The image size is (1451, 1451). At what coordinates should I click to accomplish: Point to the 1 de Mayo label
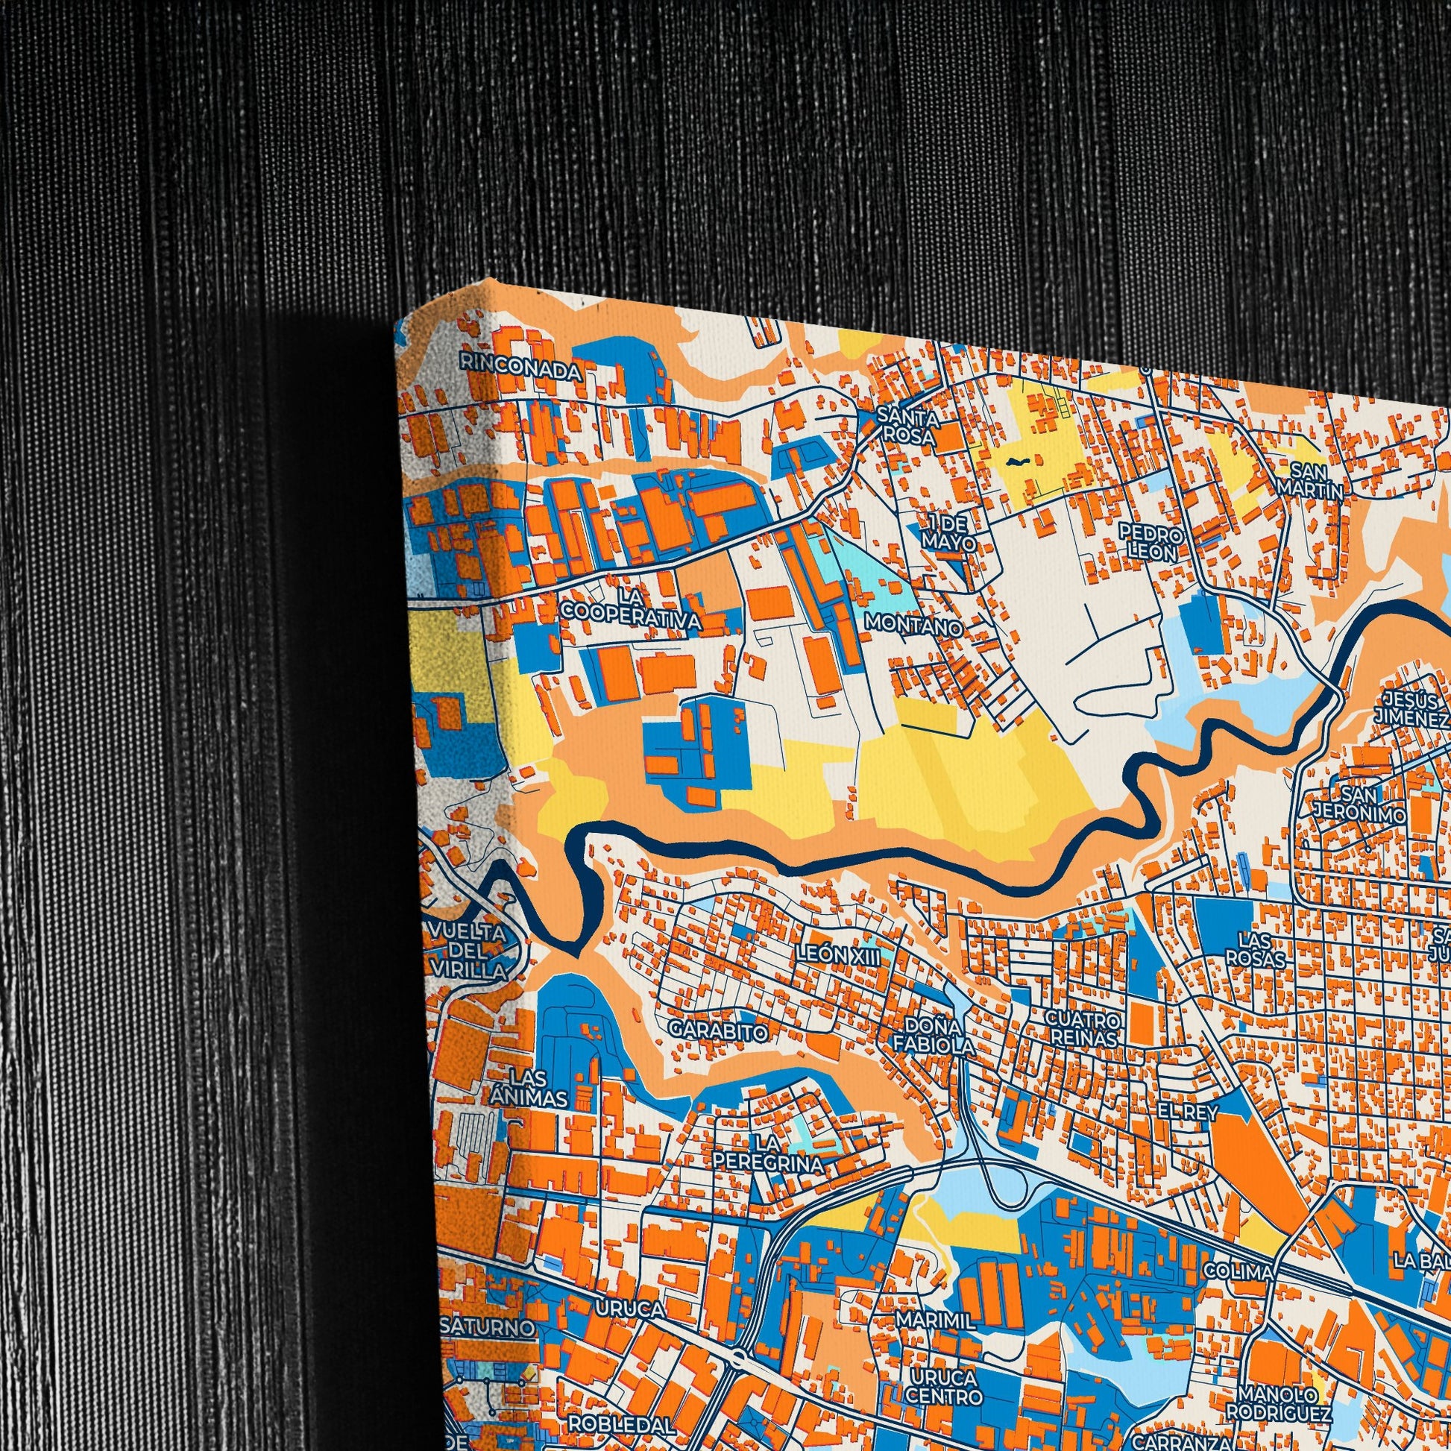pos(949,532)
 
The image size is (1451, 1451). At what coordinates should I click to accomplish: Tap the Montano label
pos(913,624)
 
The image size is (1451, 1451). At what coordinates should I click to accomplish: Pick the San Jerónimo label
pos(1359,804)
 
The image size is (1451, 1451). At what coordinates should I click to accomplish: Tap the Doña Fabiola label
pos(934,1036)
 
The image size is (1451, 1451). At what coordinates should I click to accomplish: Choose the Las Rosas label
pos(1255,949)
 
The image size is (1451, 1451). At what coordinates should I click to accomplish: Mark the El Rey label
pos(1186,1112)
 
